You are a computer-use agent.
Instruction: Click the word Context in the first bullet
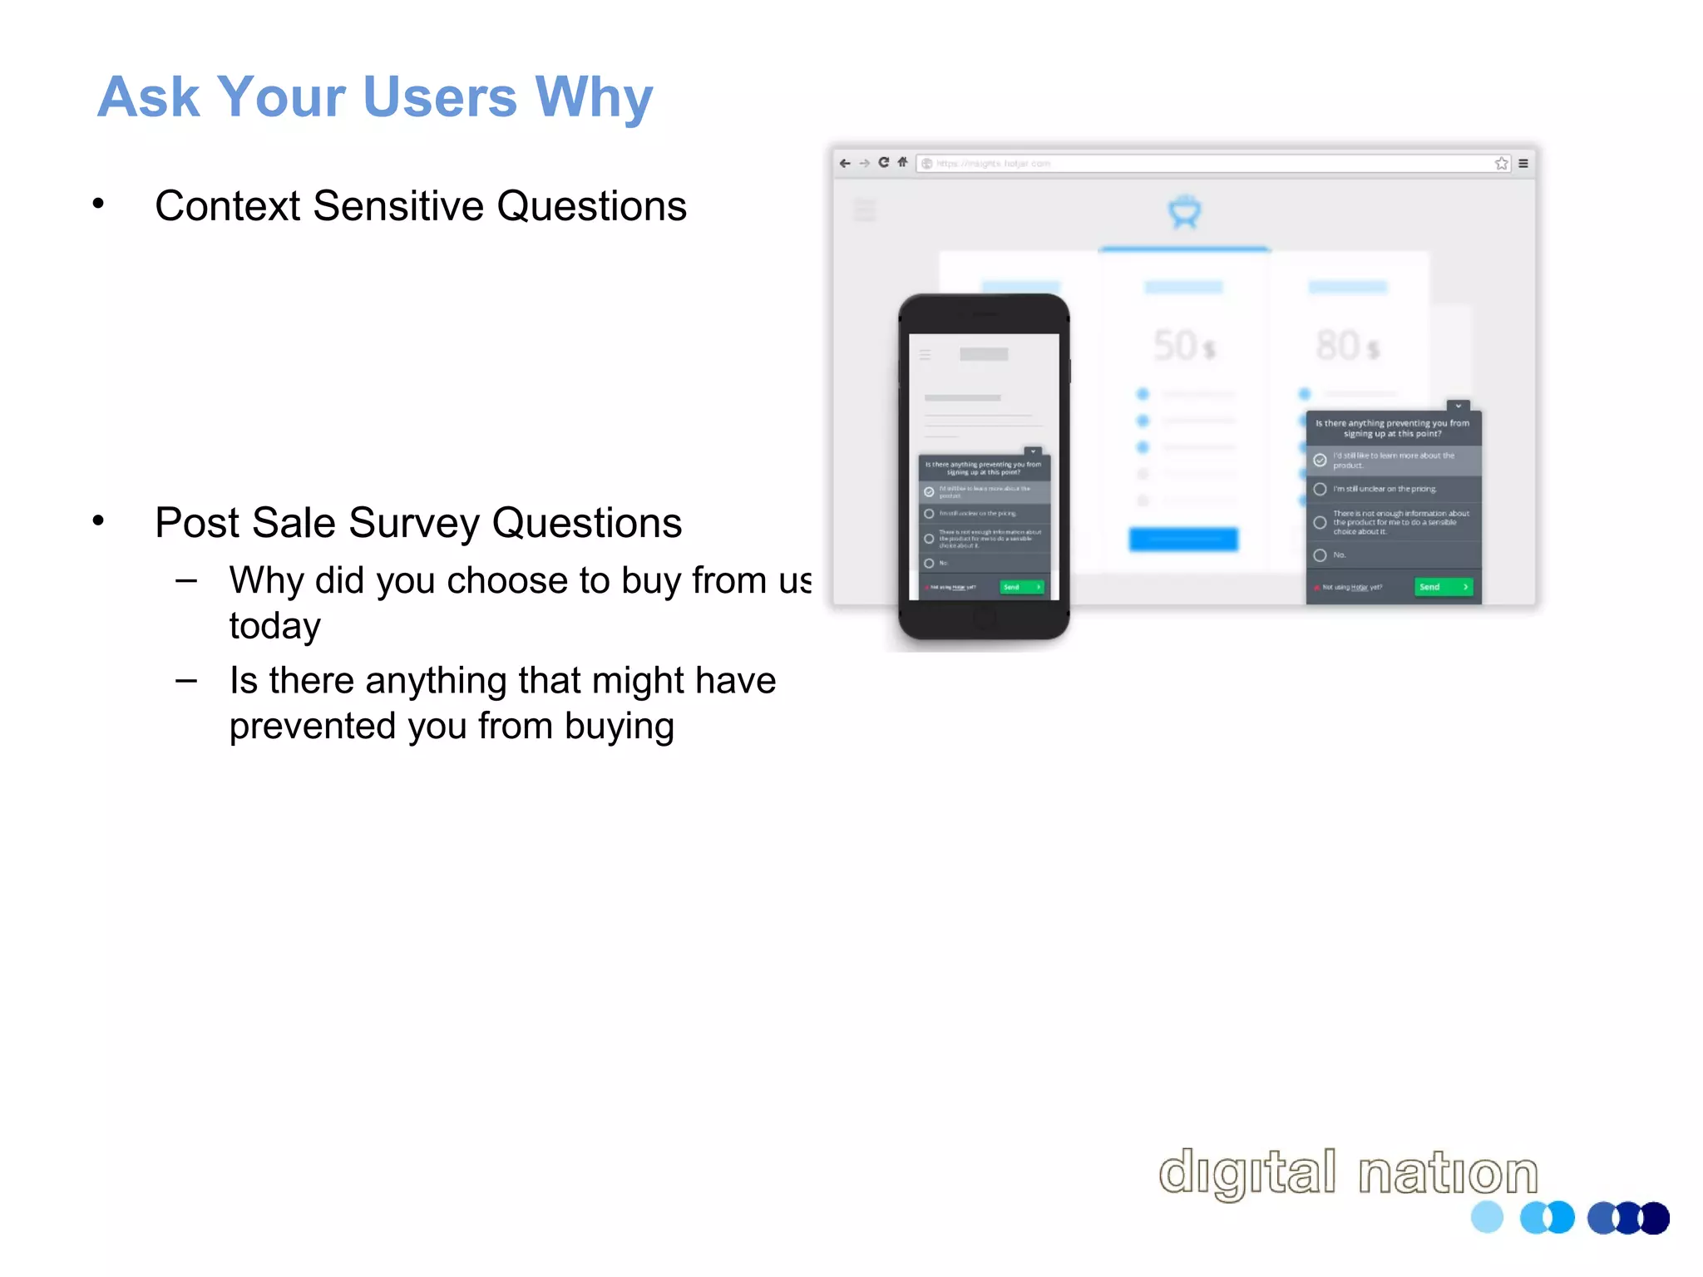(x=227, y=205)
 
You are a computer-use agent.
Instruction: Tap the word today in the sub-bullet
(x=274, y=626)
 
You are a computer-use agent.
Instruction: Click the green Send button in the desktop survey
(x=1443, y=587)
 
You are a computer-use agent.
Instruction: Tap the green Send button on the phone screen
(x=1021, y=587)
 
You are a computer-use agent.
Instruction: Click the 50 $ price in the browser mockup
(x=1183, y=345)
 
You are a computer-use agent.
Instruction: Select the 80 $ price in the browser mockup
(x=1347, y=345)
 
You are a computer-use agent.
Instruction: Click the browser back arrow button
(x=845, y=163)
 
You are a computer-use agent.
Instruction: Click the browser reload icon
(x=883, y=163)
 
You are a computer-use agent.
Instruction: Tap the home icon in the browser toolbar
(x=902, y=163)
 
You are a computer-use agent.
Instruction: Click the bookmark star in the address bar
(x=1501, y=163)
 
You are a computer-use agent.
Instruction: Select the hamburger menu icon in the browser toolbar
(x=1523, y=163)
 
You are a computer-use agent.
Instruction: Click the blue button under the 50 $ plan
(x=1183, y=539)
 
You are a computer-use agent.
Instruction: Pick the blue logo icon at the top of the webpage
(x=1184, y=212)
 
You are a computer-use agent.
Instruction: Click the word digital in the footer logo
(x=1247, y=1172)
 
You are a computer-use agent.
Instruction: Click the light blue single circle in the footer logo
(x=1487, y=1217)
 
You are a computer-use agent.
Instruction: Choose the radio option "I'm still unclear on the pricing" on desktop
(x=1320, y=489)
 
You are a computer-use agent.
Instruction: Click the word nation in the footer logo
(x=1448, y=1172)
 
